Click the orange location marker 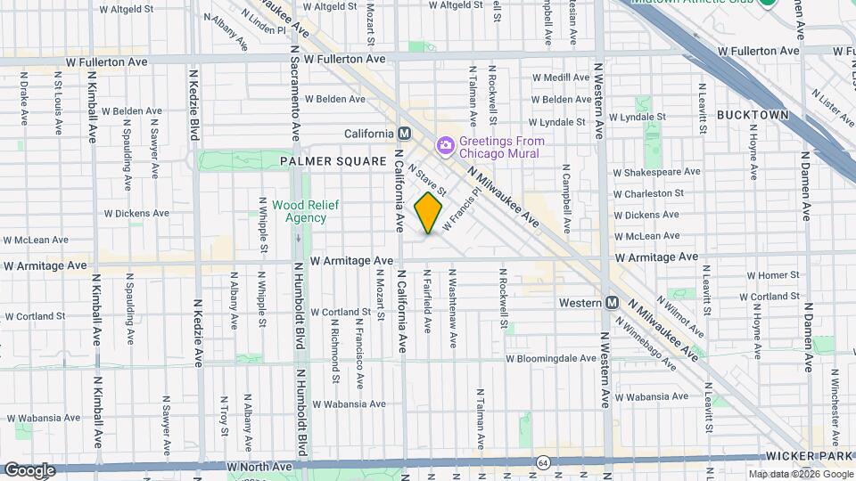(x=429, y=213)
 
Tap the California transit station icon (x=405, y=134)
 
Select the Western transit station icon (x=613, y=303)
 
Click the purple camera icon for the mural (x=443, y=145)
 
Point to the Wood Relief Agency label (x=300, y=211)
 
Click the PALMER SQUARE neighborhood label (x=323, y=161)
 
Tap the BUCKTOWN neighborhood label (x=753, y=116)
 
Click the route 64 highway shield (x=543, y=463)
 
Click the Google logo (x=29, y=469)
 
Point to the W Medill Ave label (x=561, y=77)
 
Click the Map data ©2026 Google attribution (x=800, y=474)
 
